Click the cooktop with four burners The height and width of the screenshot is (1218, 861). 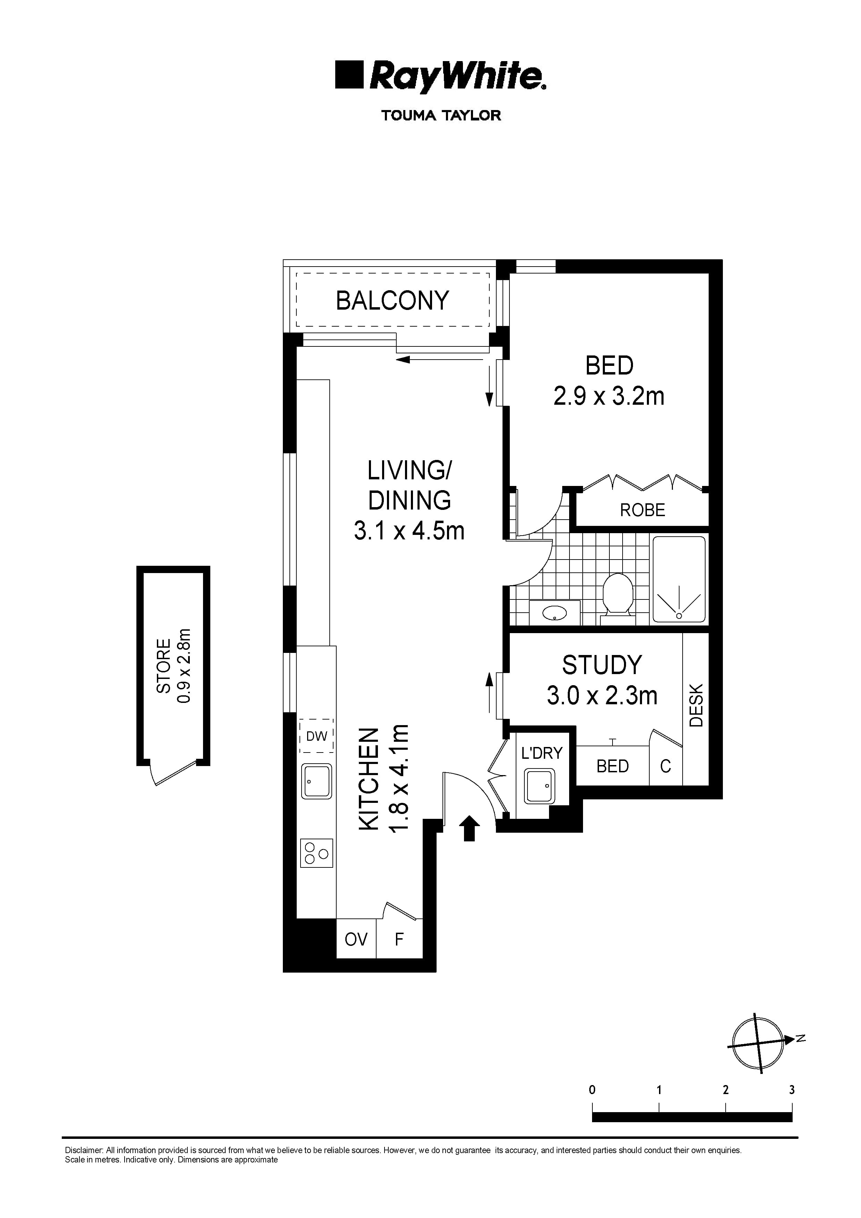[x=317, y=853]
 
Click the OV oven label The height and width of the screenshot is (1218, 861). [x=356, y=940]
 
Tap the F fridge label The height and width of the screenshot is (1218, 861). [x=399, y=940]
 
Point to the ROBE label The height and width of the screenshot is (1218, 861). [x=642, y=510]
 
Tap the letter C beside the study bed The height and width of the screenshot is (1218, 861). [x=665, y=766]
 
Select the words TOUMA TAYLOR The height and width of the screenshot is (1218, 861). [x=441, y=116]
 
